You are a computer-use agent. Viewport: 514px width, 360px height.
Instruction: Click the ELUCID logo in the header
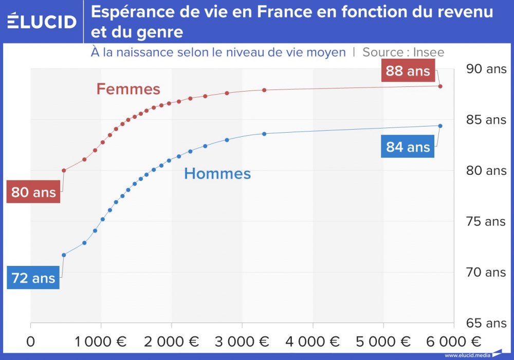[x=42, y=21]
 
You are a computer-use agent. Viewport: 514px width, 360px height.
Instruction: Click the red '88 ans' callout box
[x=408, y=70]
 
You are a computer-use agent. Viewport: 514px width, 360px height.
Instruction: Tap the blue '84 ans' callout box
[x=408, y=147]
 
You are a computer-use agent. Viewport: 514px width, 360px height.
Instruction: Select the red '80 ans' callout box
[x=33, y=192]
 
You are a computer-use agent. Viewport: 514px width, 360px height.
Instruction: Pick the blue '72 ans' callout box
[x=33, y=278]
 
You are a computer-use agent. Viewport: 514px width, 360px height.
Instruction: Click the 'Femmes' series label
[x=128, y=89]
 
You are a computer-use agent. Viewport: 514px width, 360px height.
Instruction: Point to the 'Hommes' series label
[x=217, y=174]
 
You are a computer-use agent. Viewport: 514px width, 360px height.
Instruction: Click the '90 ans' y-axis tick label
[x=485, y=69]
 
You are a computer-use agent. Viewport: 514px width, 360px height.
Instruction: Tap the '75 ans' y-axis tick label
[x=485, y=222]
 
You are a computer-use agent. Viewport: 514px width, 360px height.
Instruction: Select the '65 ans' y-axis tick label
[x=485, y=323]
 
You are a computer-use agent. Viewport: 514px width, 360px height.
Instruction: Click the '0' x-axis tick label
[x=31, y=342]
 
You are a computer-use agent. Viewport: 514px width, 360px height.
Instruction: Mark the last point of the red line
[x=440, y=86]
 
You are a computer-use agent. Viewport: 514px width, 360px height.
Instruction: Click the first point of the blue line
[x=64, y=255]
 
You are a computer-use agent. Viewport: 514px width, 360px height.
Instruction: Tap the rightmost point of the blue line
[x=440, y=126]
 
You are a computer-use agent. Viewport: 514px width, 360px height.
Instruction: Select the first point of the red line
[x=64, y=170]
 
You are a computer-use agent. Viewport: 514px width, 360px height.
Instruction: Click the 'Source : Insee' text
[x=403, y=52]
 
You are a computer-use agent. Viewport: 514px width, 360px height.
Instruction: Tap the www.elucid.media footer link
[x=467, y=355]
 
